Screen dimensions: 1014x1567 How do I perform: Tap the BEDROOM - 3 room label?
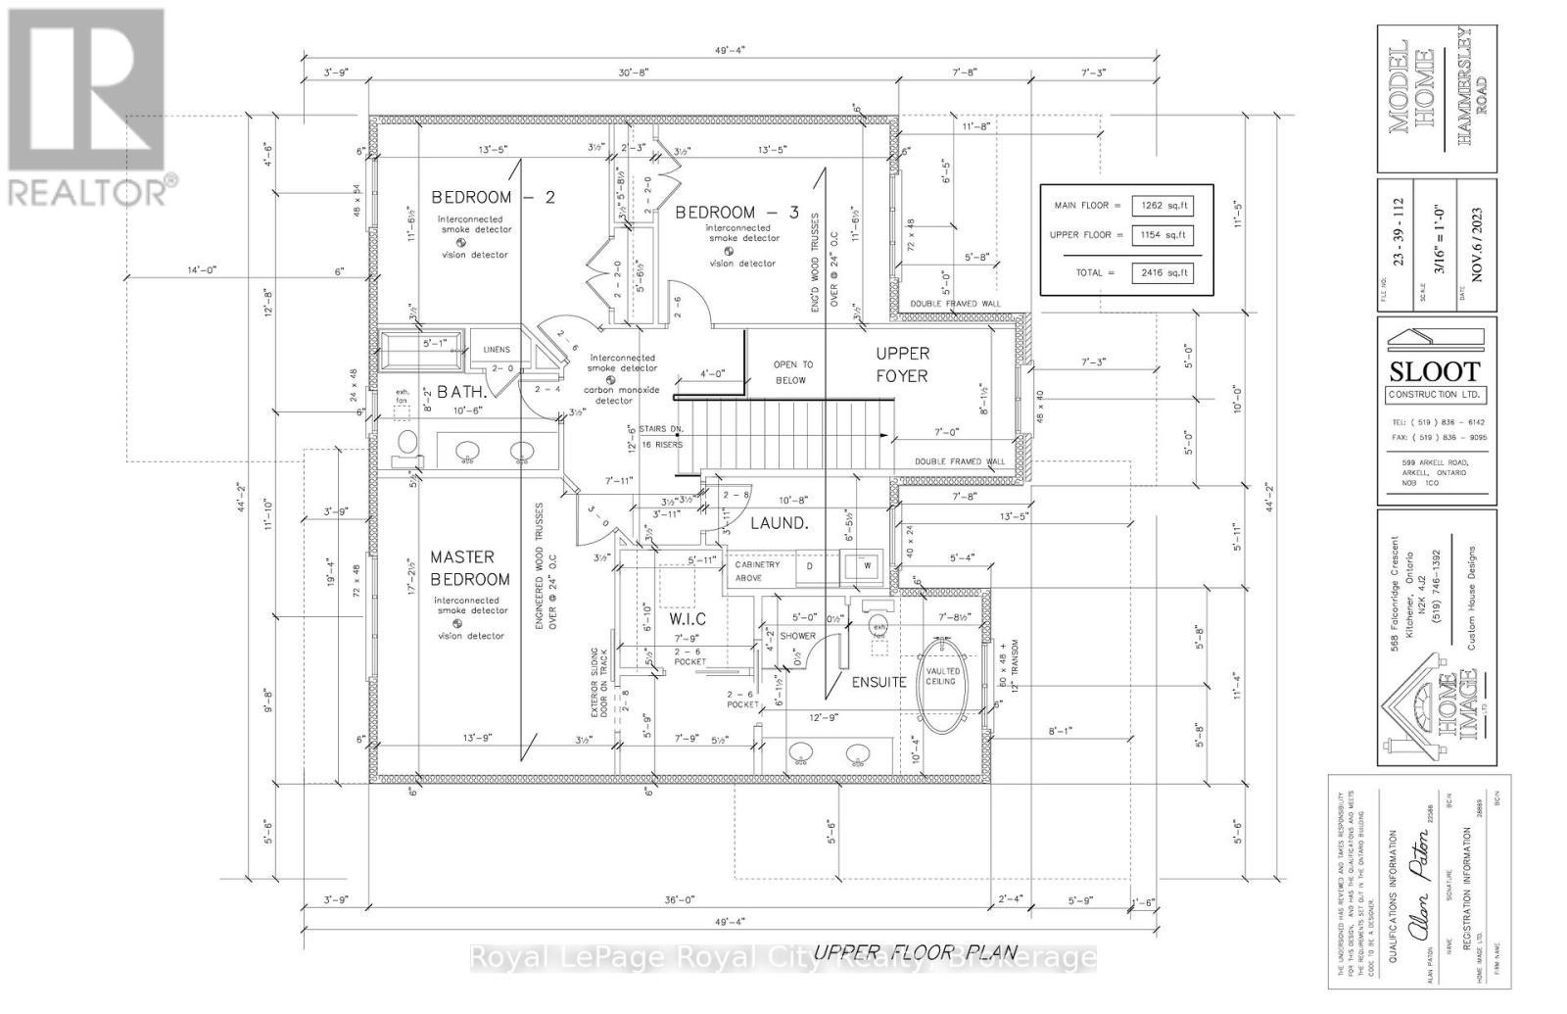tap(729, 212)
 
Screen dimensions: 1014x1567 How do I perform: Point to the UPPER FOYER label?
tap(901, 363)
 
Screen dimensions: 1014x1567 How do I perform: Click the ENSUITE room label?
tap(878, 681)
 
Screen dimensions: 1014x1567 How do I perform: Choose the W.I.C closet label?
tap(686, 620)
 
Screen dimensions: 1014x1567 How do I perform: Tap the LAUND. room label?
tap(778, 524)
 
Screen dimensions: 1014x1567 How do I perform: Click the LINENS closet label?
tap(497, 349)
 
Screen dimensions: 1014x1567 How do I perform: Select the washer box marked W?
tap(867, 565)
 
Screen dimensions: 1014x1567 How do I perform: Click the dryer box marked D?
tap(809, 565)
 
